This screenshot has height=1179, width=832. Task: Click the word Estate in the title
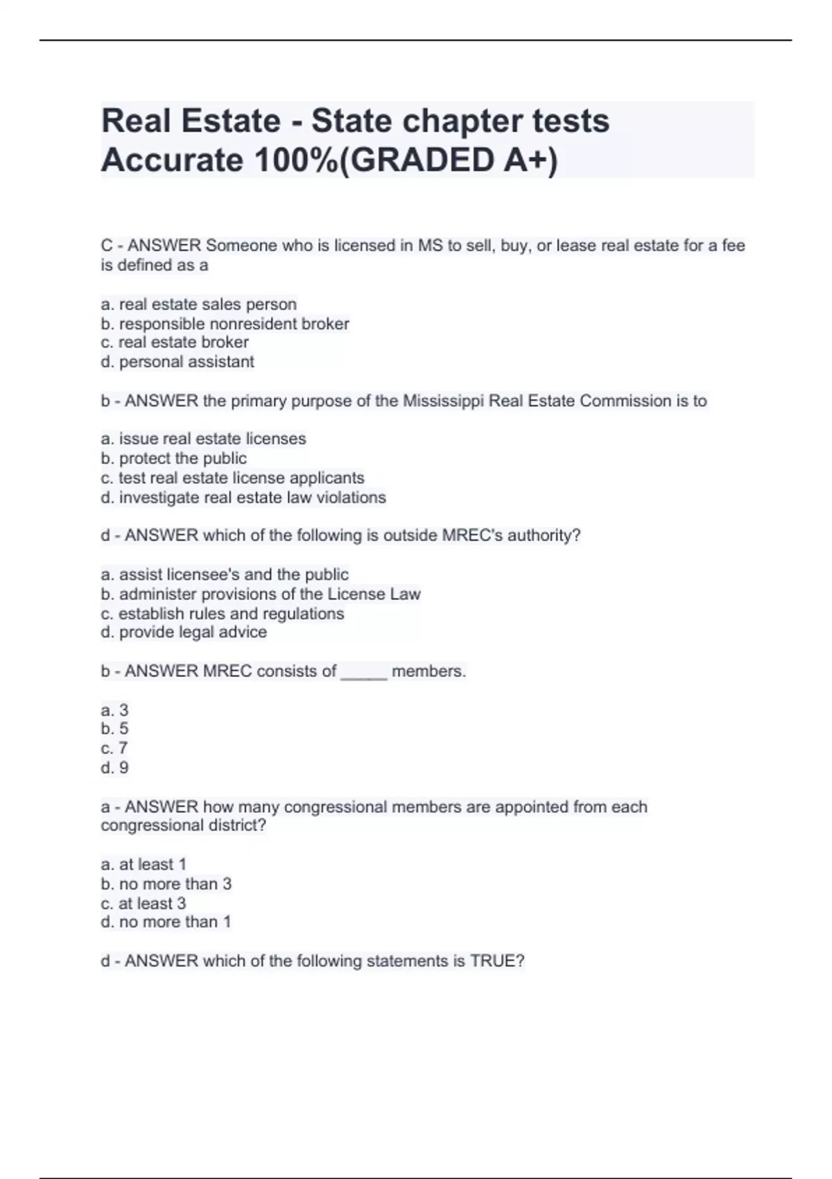coord(231,121)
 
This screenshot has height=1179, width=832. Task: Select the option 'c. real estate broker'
coord(175,343)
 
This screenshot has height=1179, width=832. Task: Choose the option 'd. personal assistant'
coord(177,362)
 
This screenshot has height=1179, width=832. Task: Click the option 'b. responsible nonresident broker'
coord(225,324)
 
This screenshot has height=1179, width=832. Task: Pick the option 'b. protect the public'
coord(173,458)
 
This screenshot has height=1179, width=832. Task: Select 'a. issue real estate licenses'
coord(203,439)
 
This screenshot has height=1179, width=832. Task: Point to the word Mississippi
coord(443,401)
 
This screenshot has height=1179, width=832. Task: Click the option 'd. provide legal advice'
coord(184,632)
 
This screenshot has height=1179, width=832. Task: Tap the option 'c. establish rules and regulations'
coord(222,614)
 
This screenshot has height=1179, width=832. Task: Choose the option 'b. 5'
coord(114,729)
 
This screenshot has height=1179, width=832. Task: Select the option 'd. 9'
coord(114,768)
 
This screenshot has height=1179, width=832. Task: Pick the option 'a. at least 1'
coord(144,865)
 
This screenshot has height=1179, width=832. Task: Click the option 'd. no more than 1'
coord(166,922)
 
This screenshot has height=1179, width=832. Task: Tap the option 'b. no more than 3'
coord(166,884)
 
